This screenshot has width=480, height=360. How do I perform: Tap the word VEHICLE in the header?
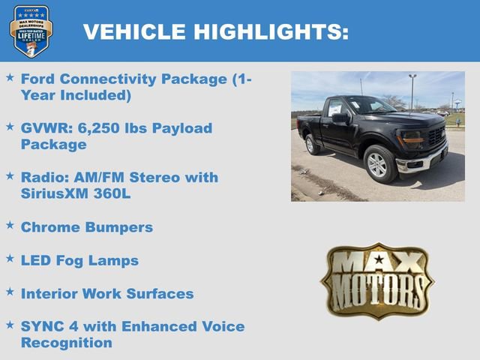tap(136, 31)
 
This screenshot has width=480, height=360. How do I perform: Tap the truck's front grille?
tap(436, 137)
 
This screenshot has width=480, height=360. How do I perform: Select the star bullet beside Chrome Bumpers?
tap(10, 224)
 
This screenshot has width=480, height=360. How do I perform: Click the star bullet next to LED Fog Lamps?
tap(10, 258)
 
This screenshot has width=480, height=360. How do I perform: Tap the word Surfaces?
tap(159, 293)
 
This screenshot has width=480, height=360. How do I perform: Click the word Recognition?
tap(66, 343)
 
